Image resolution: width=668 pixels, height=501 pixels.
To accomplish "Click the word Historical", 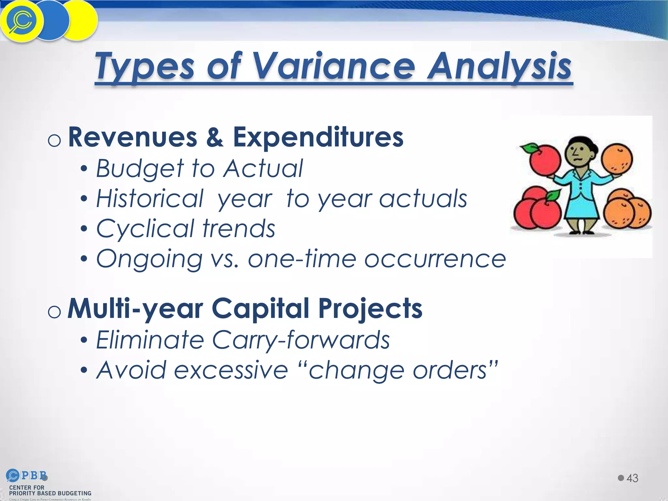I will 150,199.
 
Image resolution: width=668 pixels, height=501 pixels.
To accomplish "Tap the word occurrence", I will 435,259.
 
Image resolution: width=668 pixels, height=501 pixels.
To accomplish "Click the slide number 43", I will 632,478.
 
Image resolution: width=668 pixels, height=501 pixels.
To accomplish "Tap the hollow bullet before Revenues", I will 54,141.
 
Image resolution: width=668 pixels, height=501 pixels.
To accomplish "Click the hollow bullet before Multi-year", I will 54,312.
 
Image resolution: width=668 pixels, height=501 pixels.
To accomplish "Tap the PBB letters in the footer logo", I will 34,476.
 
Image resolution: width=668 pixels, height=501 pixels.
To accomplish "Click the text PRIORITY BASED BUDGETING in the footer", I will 50,493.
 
